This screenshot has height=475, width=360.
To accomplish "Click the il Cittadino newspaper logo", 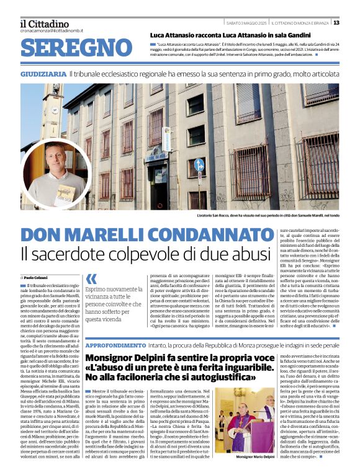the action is (43, 23).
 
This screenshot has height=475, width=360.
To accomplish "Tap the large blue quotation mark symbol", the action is (91, 279).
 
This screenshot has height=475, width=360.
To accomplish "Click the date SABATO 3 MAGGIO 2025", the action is (246, 23).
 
